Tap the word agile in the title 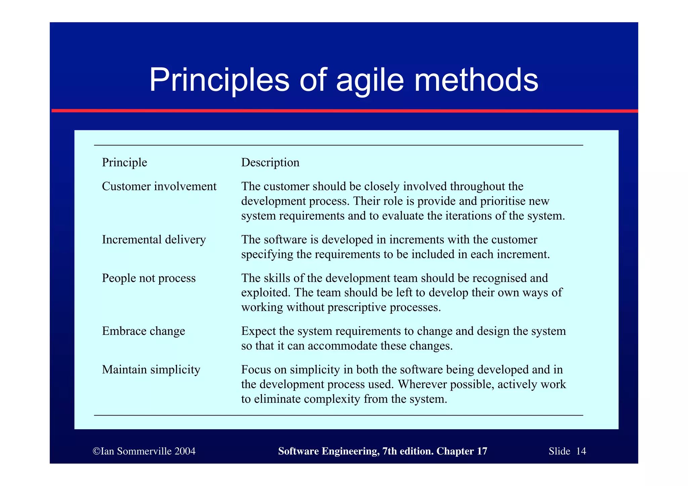tap(370, 81)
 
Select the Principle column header tap(124, 163)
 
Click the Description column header tap(270, 163)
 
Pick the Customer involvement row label tap(159, 186)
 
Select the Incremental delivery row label tap(154, 240)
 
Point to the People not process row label tap(148, 278)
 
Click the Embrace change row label tap(143, 331)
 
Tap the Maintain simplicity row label tap(151, 370)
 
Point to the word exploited tap(265, 293)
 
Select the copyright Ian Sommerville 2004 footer tap(144, 451)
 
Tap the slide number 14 tap(581, 451)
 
